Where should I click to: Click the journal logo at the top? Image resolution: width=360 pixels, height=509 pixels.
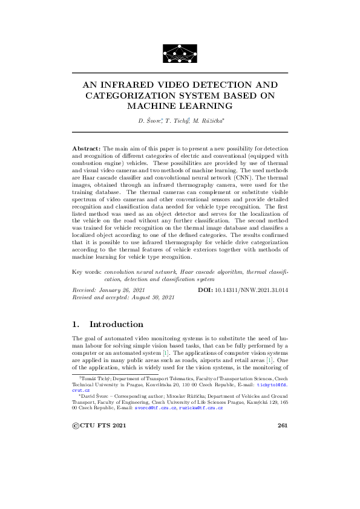point(180,53)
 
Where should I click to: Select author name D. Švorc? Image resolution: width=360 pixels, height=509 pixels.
point(149,122)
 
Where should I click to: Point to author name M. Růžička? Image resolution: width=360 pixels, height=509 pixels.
point(208,122)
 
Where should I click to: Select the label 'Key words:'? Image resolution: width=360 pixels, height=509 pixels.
point(87,273)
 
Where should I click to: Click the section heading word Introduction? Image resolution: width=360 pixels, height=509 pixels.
point(116,324)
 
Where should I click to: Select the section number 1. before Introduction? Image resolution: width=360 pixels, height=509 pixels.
point(76,324)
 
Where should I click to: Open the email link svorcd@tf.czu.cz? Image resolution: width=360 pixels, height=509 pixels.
point(155,409)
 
